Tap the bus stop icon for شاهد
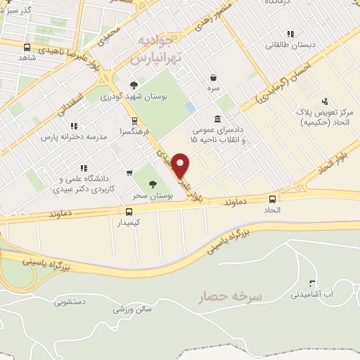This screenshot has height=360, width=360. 27,48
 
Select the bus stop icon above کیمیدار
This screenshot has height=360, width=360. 128,211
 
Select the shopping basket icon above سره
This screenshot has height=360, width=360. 214,79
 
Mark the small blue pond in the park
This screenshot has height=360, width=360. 191,108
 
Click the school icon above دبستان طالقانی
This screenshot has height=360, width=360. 290,34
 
